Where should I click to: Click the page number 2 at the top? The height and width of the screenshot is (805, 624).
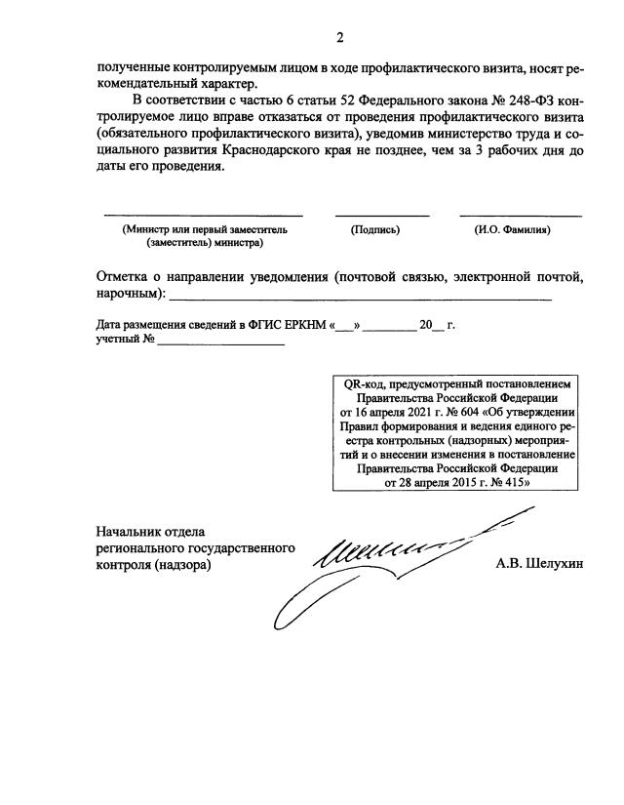pos(339,38)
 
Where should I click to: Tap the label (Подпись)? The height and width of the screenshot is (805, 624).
pos(375,229)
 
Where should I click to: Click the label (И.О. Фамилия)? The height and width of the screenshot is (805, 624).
pos(513,229)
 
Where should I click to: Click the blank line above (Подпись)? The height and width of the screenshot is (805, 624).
pos(381,215)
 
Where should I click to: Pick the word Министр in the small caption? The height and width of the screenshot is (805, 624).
pos(148,229)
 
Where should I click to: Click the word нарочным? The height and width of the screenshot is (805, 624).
pos(128,294)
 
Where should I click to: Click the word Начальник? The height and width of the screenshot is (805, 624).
pos(132,532)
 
